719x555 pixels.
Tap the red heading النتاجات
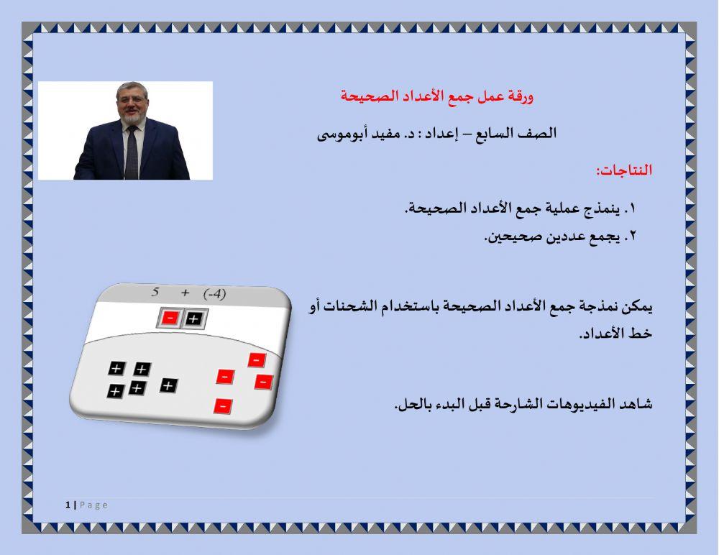pyautogui.click(x=623, y=171)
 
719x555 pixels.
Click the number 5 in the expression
pyautogui.click(x=155, y=292)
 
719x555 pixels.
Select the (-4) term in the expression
pyautogui.click(x=214, y=294)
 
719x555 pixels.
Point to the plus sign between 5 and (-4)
pyautogui.click(x=185, y=293)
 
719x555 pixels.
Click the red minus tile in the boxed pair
pyautogui.click(x=170, y=318)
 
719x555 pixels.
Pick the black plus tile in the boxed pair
pyautogui.click(x=193, y=318)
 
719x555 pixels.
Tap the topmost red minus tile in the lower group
pyautogui.click(x=257, y=359)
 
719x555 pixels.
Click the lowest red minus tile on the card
pyautogui.click(x=223, y=406)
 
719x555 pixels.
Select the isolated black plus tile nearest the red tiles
pyautogui.click(x=168, y=386)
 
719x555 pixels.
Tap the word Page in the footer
pyautogui.click(x=93, y=505)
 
